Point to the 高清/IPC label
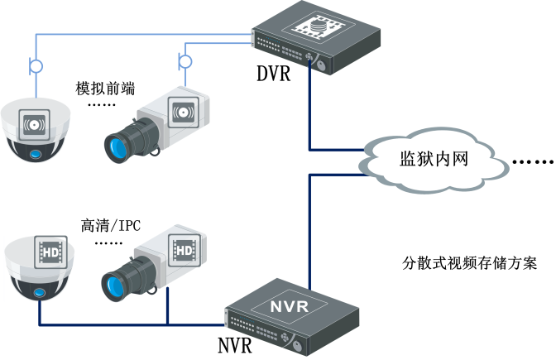(x=111, y=224)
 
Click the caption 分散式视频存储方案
(x=470, y=265)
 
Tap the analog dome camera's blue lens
(x=36, y=156)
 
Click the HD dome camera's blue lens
(x=38, y=292)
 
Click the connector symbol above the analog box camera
(x=185, y=60)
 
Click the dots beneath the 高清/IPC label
(x=110, y=243)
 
